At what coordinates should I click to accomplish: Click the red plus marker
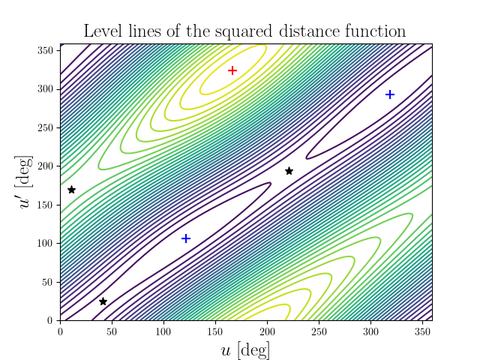[232, 70]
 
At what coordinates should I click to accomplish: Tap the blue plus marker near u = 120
[186, 238]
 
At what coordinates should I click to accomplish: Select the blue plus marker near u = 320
[390, 94]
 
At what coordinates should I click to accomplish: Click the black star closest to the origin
[103, 301]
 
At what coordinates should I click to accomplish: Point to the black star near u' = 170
[71, 190]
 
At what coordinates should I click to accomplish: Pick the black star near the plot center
[289, 171]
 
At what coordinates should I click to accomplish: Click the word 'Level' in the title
[102, 31]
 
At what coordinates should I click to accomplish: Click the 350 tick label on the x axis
[422, 331]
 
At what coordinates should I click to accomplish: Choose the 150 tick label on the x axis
[215, 331]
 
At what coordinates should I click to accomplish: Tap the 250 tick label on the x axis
[319, 331]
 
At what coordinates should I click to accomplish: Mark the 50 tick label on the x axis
[112, 331]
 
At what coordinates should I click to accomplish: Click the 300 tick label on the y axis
[46, 89]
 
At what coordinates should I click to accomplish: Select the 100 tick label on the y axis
[46, 244]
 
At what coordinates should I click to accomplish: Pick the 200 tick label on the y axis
[46, 166]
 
